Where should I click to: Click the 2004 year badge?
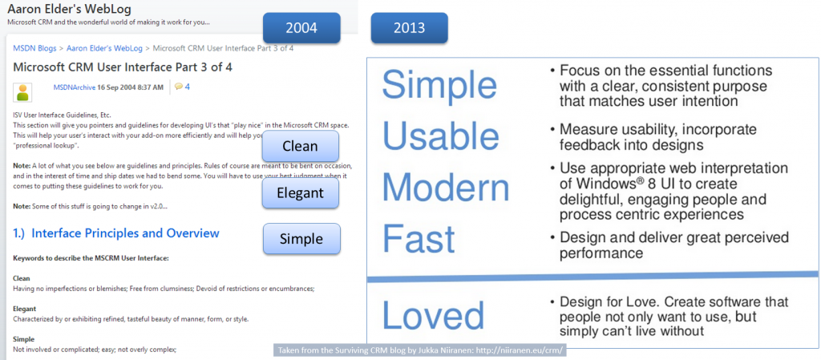pyautogui.click(x=301, y=28)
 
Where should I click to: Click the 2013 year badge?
pyautogui.click(x=410, y=28)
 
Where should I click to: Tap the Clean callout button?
pyautogui.click(x=300, y=146)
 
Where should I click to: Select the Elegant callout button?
pyautogui.click(x=300, y=193)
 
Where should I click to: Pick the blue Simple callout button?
pyautogui.click(x=301, y=239)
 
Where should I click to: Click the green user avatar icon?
pyautogui.click(x=22, y=92)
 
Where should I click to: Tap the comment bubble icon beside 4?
pyautogui.click(x=179, y=87)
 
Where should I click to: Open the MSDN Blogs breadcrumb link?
pyautogui.click(x=35, y=48)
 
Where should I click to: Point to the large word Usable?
pyautogui.click(x=440, y=136)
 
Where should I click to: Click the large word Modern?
pyautogui.click(x=446, y=188)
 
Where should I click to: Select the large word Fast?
pyautogui.click(x=419, y=239)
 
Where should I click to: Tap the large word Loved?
pyautogui.click(x=434, y=316)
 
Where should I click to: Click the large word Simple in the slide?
pyautogui.click(x=439, y=85)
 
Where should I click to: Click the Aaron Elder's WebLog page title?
pyautogui.click(x=69, y=9)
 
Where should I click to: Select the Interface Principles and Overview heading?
pyautogui.click(x=115, y=233)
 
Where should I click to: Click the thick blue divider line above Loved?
pyautogui.click(x=592, y=277)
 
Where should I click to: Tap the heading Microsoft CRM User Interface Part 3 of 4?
pyautogui.click(x=123, y=67)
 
